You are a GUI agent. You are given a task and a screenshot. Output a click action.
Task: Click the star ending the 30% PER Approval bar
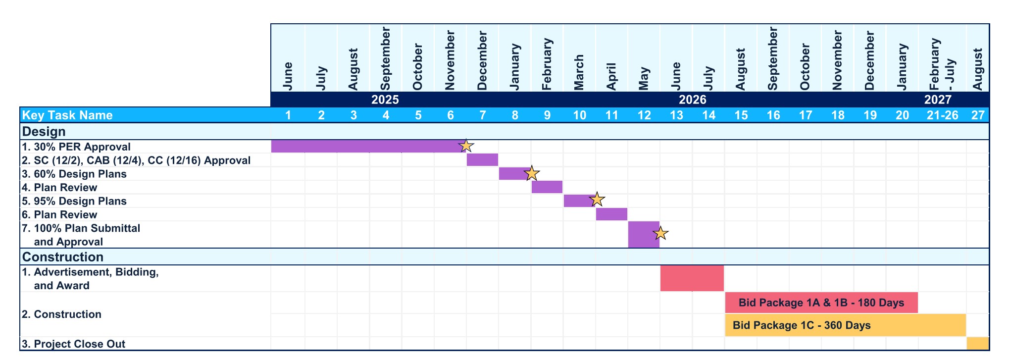click(x=466, y=146)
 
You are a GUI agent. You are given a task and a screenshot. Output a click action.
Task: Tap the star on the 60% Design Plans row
click(x=531, y=173)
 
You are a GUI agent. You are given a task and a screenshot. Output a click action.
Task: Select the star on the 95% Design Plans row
click(x=597, y=200)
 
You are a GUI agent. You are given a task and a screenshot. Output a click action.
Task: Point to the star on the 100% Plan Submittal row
click(x=660, y=233)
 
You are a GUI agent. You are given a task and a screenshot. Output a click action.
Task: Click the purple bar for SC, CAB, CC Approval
click(x=482, y=160)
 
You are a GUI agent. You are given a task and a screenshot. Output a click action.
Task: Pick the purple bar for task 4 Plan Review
click(x=547, y=187)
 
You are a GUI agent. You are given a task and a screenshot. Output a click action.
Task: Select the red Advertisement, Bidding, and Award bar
click(x=692, y=278)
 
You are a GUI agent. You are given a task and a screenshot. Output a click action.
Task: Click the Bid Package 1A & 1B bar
click(x=821, y=303)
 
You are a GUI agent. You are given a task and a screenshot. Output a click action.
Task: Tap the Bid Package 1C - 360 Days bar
click(x=845, y=325)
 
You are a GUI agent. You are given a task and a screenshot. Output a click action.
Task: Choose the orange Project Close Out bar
click(x=977, y=344)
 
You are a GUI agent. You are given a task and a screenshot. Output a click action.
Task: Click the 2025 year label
click(x=385, y=100)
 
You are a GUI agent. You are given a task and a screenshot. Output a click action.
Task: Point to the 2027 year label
click(x=937, y=100)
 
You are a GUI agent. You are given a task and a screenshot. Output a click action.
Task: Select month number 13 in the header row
click(x=676, y=115)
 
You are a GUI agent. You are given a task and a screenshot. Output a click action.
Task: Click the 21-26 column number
click(x=942, y=115)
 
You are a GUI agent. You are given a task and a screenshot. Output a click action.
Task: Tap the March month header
click(x=579, y=72)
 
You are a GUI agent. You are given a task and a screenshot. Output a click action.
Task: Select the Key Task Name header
click(x=68, y=115)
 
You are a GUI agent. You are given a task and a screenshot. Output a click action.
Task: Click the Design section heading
click(x=44, y=132)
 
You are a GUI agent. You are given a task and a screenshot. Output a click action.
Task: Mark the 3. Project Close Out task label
click(x=74, y=344)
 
